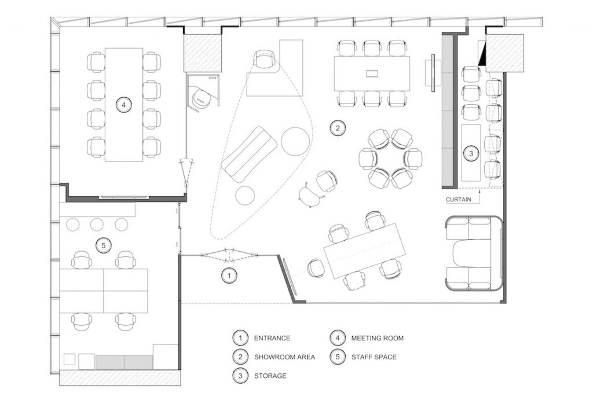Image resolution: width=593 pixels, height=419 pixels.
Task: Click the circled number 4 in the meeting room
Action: tap(124, 104)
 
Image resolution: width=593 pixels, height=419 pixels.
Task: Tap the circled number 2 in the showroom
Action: tap(338, 128)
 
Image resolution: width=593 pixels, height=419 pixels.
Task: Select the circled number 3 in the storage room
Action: tap(471, 153)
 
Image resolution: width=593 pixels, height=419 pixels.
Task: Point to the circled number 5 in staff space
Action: tap(104, 245)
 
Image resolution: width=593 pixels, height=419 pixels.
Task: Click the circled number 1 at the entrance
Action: tap(229, 275)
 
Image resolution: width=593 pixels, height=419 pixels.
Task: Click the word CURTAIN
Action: tap(459, 200)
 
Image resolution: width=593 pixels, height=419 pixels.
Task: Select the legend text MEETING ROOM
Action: tap(378, 338)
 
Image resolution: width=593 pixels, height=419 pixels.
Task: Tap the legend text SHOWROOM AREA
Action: tap(284, 356)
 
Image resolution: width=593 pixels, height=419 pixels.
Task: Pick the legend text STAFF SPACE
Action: tap(374, 356)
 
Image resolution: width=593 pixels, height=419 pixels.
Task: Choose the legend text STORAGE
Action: tap(270, 376)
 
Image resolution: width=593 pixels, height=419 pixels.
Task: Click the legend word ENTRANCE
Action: tap(272, 338)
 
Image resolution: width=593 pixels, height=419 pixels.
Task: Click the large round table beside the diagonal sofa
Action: tap(295, 141)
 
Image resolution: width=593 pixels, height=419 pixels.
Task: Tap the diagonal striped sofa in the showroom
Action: tap(249, 155)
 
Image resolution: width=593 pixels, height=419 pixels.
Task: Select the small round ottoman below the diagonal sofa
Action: tap(245, 196)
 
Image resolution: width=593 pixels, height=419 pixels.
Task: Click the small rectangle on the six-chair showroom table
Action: tap(372, 73)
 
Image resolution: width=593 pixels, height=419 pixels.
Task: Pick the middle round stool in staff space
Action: tap(97, 225)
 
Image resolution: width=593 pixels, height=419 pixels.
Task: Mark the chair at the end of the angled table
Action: tap(316, 269)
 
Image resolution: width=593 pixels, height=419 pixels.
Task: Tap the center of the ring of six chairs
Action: tap(390, 159)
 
